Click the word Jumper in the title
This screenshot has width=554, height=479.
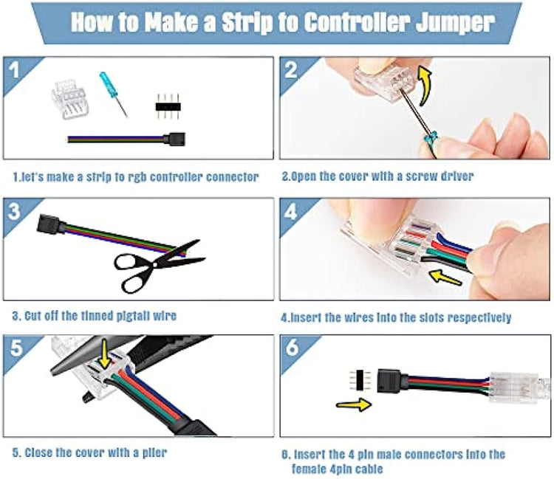point(455,24)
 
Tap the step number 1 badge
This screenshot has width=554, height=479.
point(15,70)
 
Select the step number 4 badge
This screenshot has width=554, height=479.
point(290,212)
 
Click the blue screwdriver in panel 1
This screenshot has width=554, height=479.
point(113,94)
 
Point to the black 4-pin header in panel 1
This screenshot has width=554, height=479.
point(168,106)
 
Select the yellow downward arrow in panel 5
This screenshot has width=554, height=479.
point(104,353)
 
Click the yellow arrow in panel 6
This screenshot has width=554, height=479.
point(354,404)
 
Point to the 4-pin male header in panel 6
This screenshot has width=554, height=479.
point(359,380)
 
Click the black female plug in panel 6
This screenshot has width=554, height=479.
point(389,381)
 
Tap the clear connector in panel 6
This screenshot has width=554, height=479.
point(519,387)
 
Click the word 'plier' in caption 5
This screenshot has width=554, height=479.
point(154,452)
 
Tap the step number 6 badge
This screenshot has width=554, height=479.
point(293,348)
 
